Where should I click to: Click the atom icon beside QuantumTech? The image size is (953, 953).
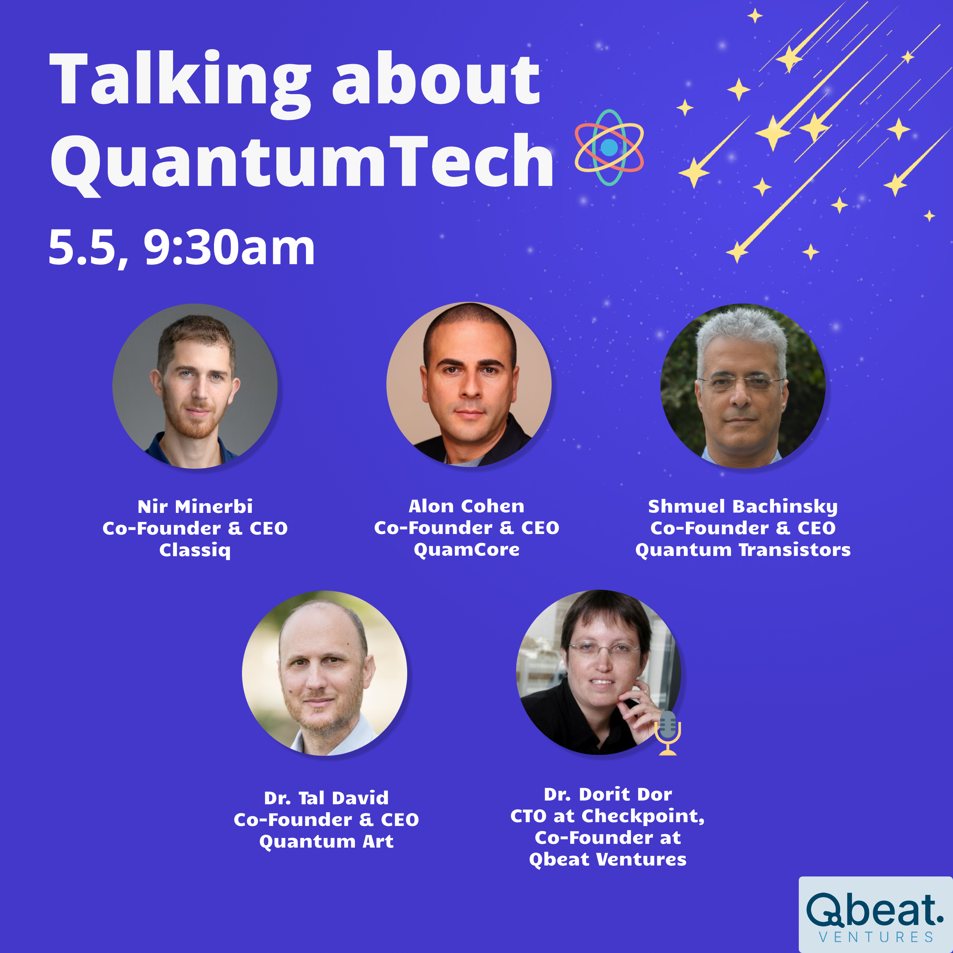609,147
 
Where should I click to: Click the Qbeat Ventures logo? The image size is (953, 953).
876,915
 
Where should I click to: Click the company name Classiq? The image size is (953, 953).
195,550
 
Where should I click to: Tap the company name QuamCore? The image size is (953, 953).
467,550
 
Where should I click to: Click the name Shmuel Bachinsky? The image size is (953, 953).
743,507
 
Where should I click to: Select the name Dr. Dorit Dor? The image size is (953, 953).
608,794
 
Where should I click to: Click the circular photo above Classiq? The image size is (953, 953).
195,386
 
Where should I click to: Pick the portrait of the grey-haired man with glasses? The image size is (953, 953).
743,386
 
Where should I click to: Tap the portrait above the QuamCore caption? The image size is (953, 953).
469,384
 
